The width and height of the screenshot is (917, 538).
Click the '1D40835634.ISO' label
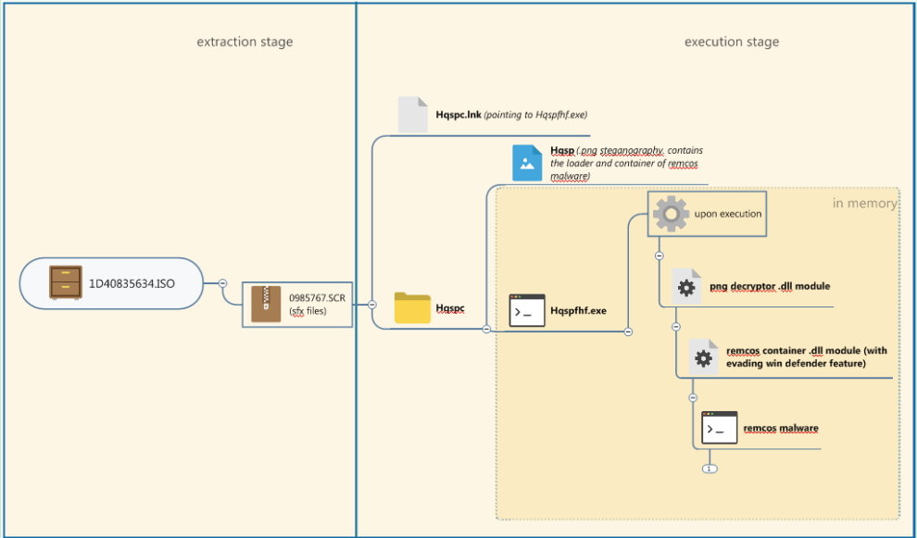[132, 282]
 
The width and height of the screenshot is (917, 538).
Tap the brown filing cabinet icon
[66, 282]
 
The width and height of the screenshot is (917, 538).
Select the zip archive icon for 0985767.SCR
[266, 304]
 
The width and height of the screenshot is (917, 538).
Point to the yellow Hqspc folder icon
[412, 308]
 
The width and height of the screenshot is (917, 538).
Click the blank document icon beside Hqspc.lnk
[413, 115]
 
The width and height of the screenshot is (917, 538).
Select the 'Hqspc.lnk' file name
[458, 115]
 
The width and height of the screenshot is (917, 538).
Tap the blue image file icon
[527, 163]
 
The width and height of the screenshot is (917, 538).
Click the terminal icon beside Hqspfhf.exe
[527, 310]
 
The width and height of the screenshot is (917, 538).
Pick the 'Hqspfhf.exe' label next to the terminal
[578, 311]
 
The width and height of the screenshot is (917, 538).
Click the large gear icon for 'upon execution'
[671, 213]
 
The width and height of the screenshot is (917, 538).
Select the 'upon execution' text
[728, 214]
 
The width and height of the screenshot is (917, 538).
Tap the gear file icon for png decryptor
[686, 287]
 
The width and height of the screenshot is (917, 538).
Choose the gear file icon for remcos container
[703, 357]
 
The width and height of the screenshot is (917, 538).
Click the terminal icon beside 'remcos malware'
[720, 428]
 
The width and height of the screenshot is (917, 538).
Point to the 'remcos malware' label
[781, 429]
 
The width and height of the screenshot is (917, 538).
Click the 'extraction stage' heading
[245, 42]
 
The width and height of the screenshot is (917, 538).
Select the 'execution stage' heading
[732, 42]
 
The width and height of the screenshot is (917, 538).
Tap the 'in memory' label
[864, 203]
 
